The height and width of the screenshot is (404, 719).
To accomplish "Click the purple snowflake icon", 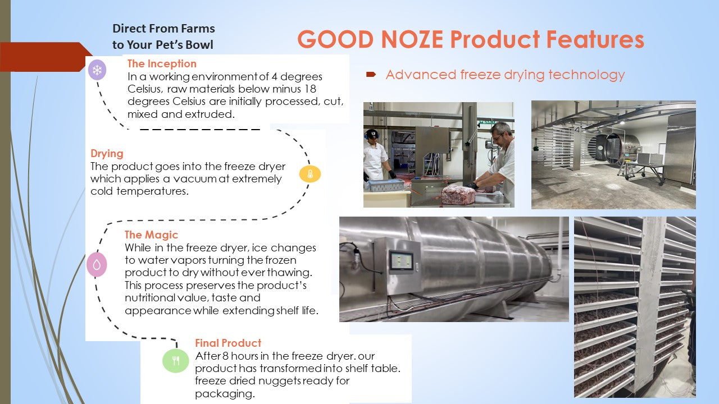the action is [97, 70].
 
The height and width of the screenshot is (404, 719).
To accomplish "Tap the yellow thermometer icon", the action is [310, 174].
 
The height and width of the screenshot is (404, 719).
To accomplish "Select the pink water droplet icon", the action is [97, 264].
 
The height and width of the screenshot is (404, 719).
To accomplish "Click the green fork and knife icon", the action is [176, 361].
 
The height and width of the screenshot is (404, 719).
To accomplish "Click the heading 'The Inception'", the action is [162, 63].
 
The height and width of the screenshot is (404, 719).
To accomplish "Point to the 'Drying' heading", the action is [107, 154].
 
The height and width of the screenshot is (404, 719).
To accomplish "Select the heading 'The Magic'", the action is [151, 235].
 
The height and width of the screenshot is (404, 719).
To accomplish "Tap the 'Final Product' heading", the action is [228, 343].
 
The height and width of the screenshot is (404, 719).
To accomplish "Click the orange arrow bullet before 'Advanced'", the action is [371, 75].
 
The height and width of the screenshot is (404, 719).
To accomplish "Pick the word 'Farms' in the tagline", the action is [198, 29].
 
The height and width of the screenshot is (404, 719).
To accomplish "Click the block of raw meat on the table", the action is [459, 194].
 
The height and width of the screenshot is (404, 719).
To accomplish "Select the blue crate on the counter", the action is [385, 185].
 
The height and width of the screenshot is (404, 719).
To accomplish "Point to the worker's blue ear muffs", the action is [367, 135].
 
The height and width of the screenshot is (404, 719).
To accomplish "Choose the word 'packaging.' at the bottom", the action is [225, 394].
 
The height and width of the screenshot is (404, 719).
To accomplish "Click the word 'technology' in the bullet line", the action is [586, 75].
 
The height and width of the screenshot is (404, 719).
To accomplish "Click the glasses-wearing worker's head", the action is [501, 133].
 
